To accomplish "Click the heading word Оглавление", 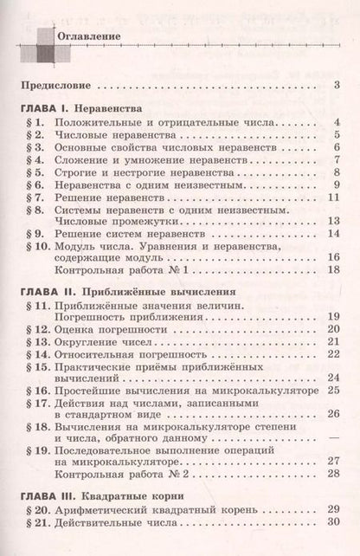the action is (x=87, y=38).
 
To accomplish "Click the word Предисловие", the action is (x=56, y=85).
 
